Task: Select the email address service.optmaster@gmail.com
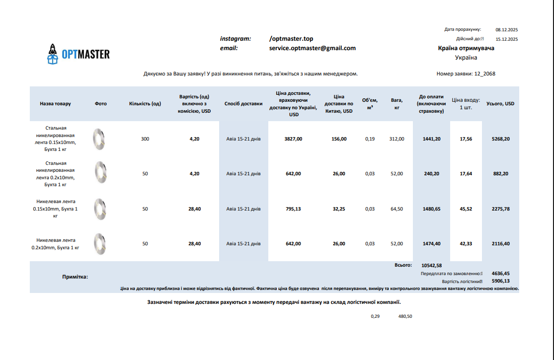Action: click(x=312, y=48)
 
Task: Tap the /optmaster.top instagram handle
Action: click(x=291, y=39)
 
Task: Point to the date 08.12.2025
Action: click(x=507, y=30)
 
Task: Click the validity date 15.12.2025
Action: click(x=507, y=39)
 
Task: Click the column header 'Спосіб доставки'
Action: click(x=243, y=104)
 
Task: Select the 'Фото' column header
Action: click(x=100, y=104)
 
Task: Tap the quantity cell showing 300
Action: click(x=145, y=139)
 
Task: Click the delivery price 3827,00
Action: click(x=293, y=139)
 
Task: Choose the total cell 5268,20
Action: click(x=500, y=139)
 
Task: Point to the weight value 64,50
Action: click(x=397, y=209)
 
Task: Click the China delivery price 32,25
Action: click(x=339, y=209)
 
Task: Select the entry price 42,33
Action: click(x=466, y=244)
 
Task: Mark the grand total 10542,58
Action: click(x=431, y=266)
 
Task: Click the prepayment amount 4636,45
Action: click(x=500, y=273)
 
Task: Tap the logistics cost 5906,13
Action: click(x=500, y=281)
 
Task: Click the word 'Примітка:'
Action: click(x=75, y=277)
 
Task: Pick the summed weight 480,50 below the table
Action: click(x=405, y=316)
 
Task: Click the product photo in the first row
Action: click(x=99, y=139)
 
